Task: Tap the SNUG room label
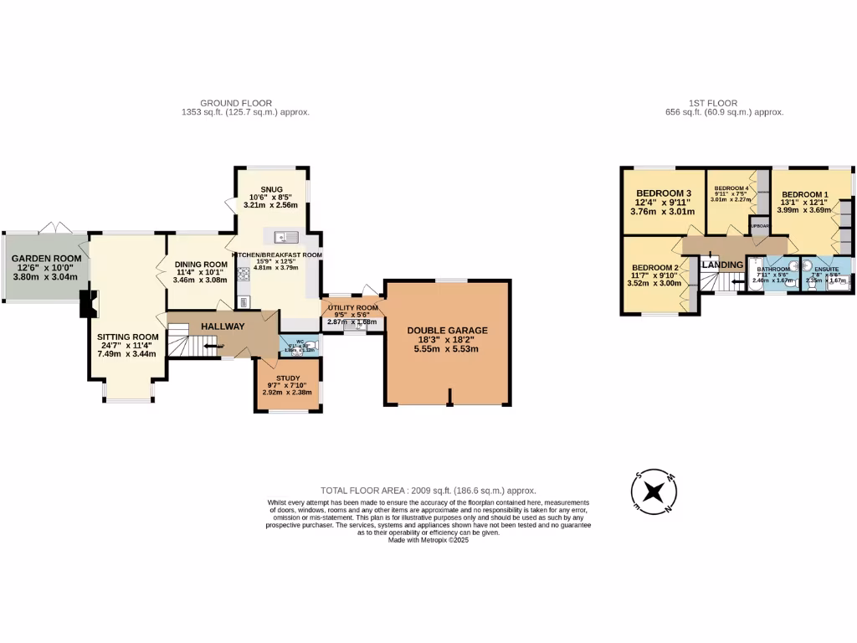271,189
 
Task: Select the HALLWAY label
222,327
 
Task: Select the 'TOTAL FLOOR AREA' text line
428,491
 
